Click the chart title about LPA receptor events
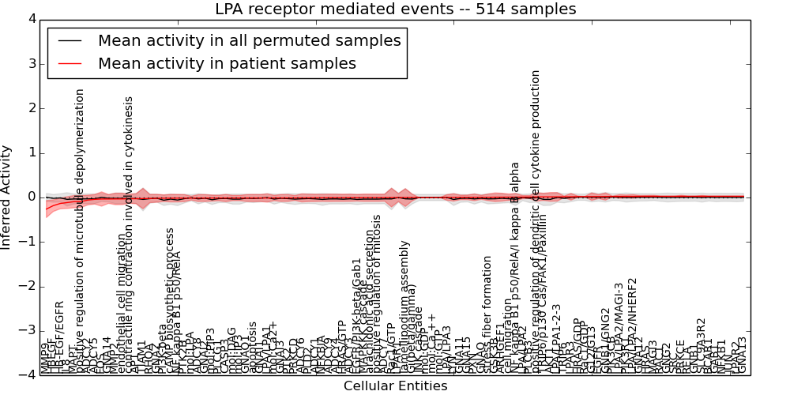point(395,9)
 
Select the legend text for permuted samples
point(249,40)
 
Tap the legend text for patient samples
point(227,63)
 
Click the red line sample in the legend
point(69,64)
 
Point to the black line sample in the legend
point(69,41)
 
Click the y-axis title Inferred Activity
point(7,197)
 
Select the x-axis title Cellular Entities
point(395,386)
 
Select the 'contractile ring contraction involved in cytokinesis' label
point(130,233)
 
